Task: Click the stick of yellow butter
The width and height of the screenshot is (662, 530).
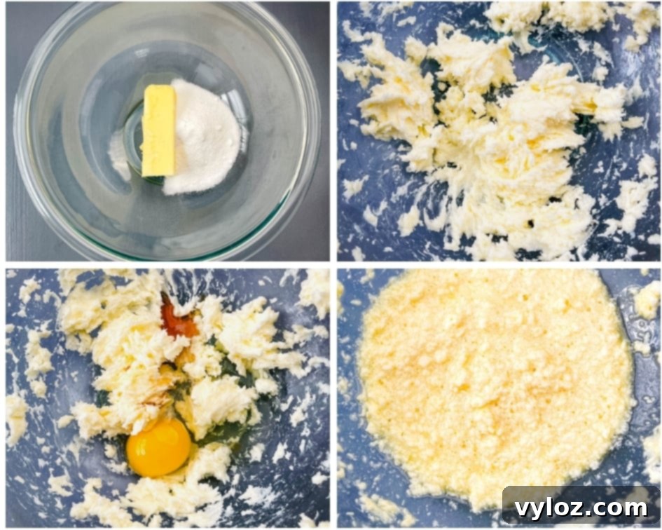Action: (159, 131)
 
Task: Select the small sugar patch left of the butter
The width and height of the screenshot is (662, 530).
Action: (120, 154)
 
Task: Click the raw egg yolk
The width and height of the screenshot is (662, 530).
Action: (159, 447)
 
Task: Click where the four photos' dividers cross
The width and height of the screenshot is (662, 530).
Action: (333, 265)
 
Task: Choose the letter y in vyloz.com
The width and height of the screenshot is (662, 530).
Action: (539, 510)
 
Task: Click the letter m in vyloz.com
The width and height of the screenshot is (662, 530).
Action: (638, 508)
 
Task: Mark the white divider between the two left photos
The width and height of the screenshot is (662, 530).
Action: (168, 265)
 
